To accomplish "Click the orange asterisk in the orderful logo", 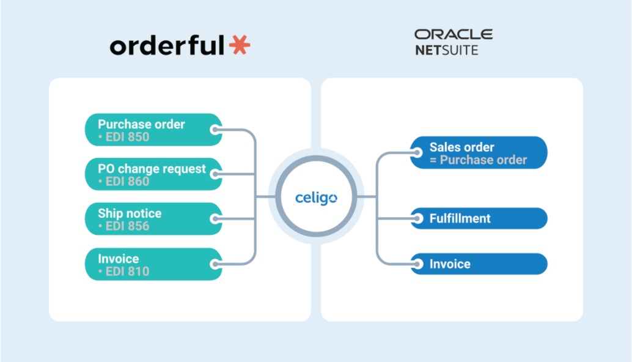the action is point(240,45).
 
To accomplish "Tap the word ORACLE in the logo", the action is point(454,34).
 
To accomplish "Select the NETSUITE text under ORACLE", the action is point(447,50).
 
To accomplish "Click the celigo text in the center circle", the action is point(316,198).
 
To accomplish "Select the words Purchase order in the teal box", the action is point(141,124).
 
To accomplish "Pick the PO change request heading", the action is point(152,169).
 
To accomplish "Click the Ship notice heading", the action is point(130,213).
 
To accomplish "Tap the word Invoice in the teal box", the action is point(119,259).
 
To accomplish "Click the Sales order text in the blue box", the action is point(462,147).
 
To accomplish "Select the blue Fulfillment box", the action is point(479,218).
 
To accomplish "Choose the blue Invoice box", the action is point(479,264).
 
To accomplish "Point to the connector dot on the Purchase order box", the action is point(216,130).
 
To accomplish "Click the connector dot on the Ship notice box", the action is point(216,219).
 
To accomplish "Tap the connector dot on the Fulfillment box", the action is point(417,218).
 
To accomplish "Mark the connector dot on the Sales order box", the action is point(417,152).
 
